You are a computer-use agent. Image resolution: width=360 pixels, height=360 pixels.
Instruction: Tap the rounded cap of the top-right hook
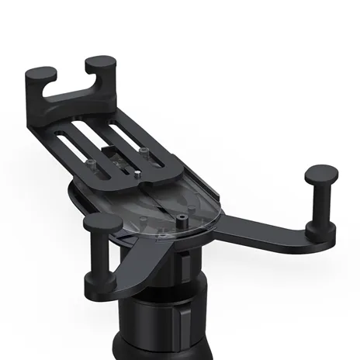point(101,61)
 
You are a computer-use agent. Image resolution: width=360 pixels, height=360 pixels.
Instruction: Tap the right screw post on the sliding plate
point(145,149)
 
